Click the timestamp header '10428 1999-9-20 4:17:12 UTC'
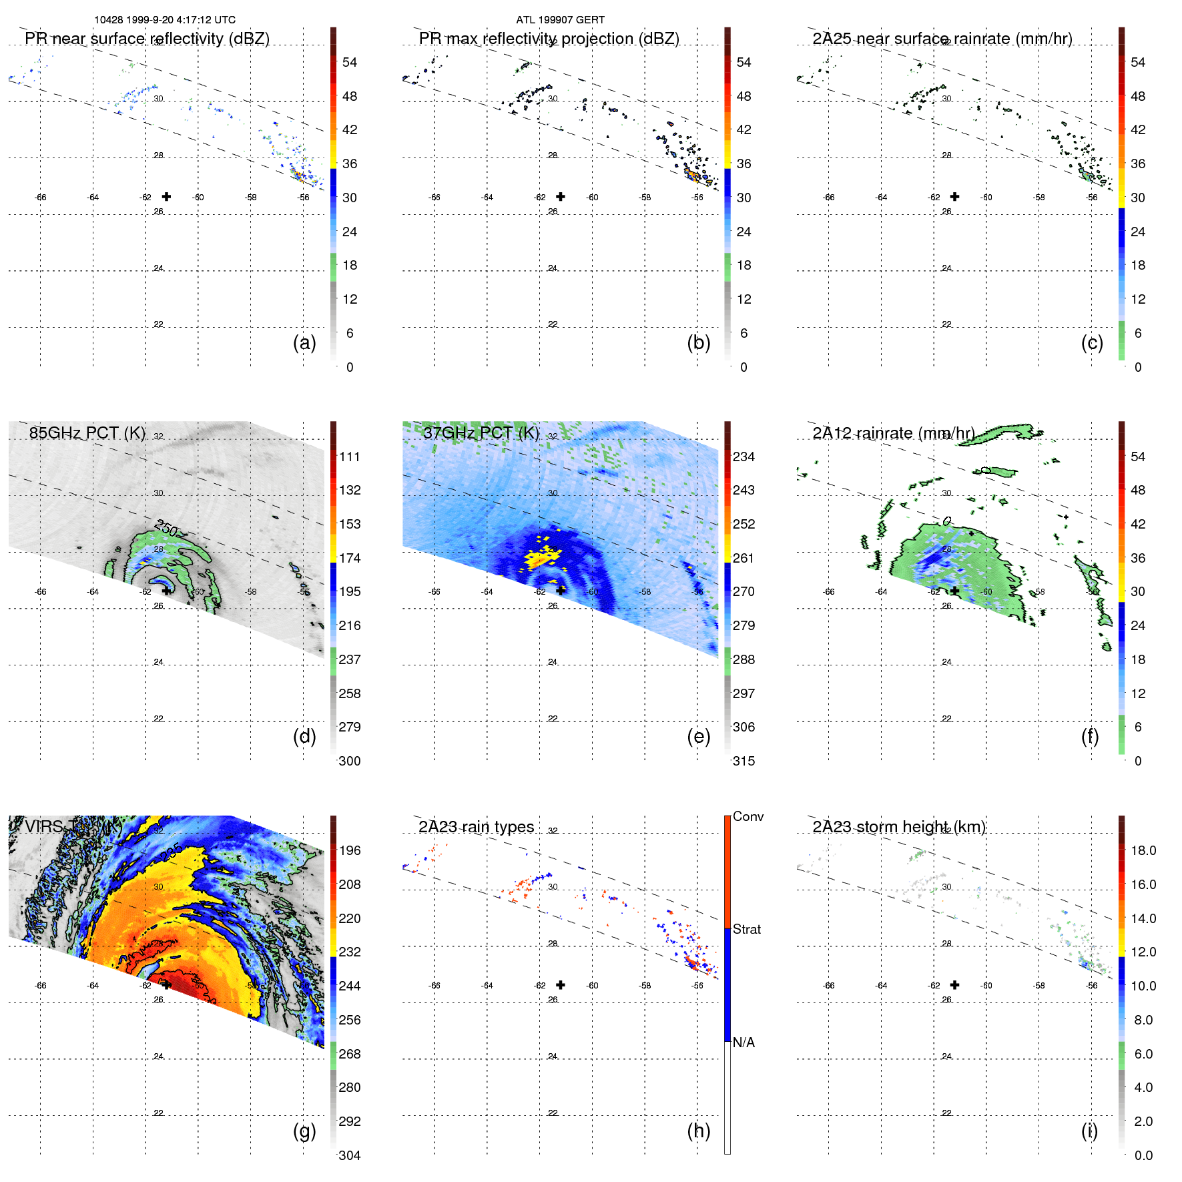(x=164, y=20)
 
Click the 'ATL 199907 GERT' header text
(x=560, y=20)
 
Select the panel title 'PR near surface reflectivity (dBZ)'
(x=147, y=39)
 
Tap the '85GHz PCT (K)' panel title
(x=87, y=433)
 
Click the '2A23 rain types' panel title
(x=476, y=827)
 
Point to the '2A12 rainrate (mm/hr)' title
(x=893, y=433)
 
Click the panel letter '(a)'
(x=304, y=342)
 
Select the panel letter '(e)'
(x=698, y=736)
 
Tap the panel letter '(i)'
(x=1089, y=1131)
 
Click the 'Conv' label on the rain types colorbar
(x=748, y=816)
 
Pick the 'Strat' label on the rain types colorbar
(x=746, y=929)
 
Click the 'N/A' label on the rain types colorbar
(x=744, y=1043)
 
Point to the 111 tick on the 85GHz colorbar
(x=349, y=457)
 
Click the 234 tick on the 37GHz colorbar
(x=744, y=457)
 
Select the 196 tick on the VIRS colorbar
(x=349, y=850)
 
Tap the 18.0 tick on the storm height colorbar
(x=1143, y=850)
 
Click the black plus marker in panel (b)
(x=561, y=196)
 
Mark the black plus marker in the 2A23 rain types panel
(x=561, y=984)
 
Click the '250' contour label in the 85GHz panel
(x=166, y=529)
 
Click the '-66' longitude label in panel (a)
(x=41, y=198)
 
